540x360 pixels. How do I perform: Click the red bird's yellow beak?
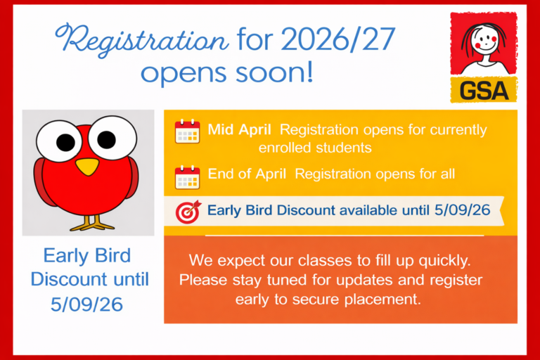tap(87, 166)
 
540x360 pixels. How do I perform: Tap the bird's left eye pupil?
tap(65, 143)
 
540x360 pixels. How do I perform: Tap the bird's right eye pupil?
tap(107, 140)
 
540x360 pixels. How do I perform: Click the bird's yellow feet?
tap(91, 224)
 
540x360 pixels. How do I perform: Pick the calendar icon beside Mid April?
tap(187, 131)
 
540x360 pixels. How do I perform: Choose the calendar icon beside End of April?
tap(187, 176)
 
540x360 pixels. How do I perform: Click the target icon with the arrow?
tap(188, 210)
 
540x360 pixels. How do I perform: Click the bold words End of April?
tap(247, 174)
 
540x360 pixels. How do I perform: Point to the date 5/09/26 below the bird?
tap(87, 304)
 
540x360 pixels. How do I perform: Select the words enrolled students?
tap(315, 148)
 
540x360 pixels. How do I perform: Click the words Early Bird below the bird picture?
tap(87, 255)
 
